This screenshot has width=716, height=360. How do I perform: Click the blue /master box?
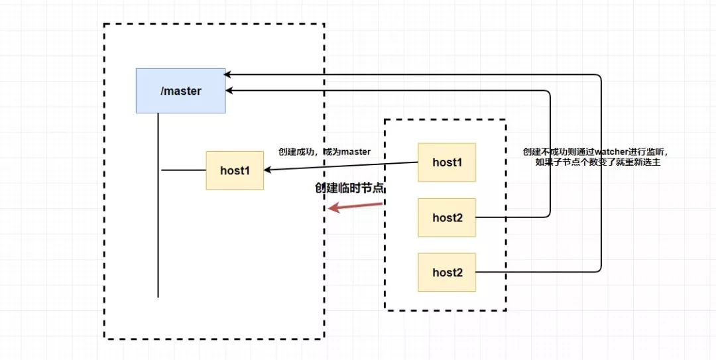[x=180, y=90]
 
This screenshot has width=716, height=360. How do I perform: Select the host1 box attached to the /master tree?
[x=235, y=170]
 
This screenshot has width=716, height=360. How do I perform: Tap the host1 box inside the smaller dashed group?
[x=447, y=162]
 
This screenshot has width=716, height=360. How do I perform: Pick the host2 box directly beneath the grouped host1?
[x=447, y=217]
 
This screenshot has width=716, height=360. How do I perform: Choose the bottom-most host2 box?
[x=447, y=272]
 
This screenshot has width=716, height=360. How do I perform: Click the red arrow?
[x=355, y=206]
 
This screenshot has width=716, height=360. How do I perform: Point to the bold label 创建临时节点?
[x=349, y=188]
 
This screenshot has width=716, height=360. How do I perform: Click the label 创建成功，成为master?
[x=324, y=152]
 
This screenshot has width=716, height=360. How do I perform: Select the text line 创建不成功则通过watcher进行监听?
[x=598, y=152]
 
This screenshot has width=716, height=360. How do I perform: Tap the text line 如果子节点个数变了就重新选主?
[x=598, y=162]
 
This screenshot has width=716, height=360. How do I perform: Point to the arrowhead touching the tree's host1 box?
[x=268, y=170]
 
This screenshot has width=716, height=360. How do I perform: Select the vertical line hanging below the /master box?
[x=158, y=205]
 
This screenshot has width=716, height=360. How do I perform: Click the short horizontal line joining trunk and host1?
[x=184, y=170]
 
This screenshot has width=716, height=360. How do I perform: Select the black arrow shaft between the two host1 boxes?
[x=341, y=166]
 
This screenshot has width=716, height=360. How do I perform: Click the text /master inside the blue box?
[x=181, y=91]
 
